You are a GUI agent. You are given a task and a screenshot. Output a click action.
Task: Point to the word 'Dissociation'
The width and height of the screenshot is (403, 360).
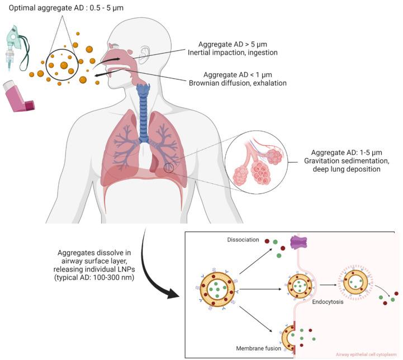click(243, 239)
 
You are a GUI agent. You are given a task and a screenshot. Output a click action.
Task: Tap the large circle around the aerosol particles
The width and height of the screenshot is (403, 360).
click(61, 67)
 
